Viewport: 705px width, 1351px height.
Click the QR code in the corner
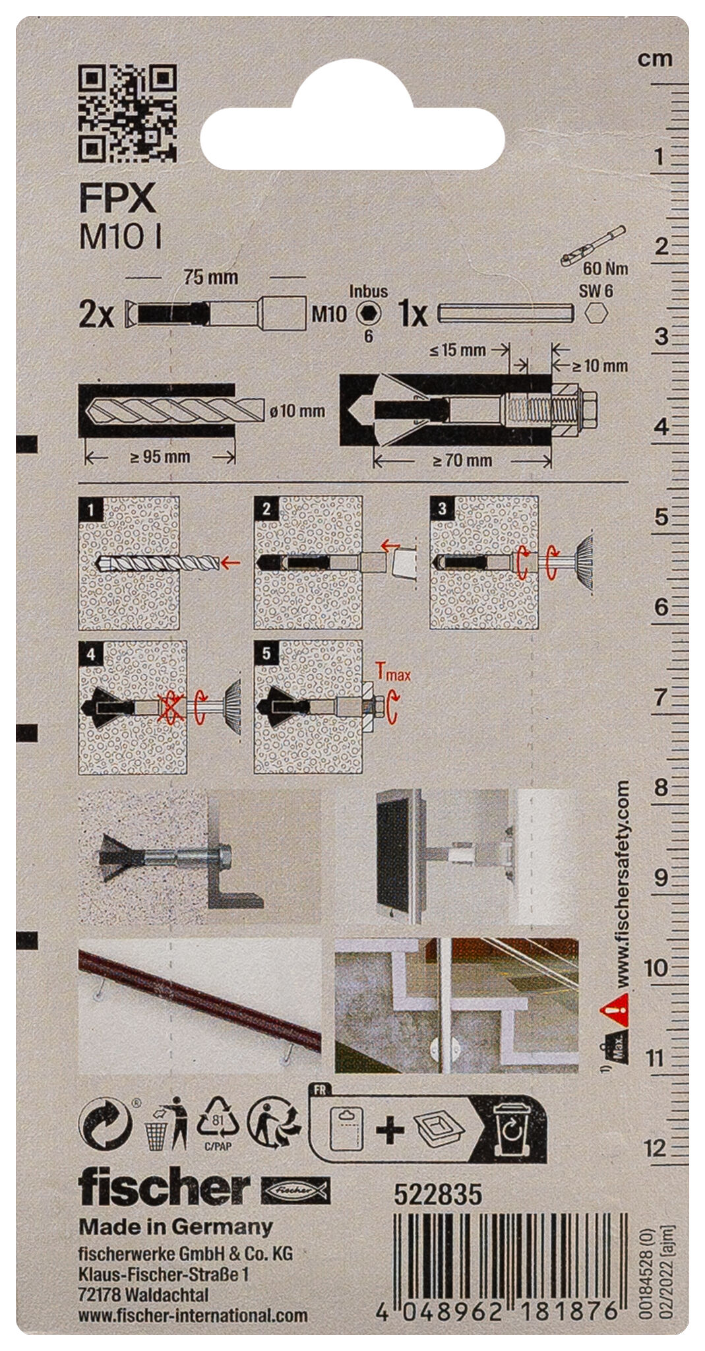[x=127, y=113]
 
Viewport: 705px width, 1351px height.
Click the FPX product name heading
[x=117, y=197]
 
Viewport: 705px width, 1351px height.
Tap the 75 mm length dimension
[x=210, y=277]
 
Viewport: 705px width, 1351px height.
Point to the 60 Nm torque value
[x=605, y=268]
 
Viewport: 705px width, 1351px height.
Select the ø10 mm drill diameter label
[x=297, y=411]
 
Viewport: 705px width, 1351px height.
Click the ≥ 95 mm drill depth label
[x=160, y=456]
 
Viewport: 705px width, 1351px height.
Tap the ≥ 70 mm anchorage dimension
[x=462, y=460]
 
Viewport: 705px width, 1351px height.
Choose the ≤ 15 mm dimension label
[x=457, y=350]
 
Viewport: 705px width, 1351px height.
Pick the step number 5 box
[x=266, y=653]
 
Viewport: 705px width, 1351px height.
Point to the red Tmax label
[x=393, y=673]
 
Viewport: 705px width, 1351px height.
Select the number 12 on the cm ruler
[x=655, y=1148]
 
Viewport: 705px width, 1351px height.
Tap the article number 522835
[x=438, y=1194]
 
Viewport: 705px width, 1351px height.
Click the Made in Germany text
[x=175, y=1226]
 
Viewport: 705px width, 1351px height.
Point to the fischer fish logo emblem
[x=296, y=1191]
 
